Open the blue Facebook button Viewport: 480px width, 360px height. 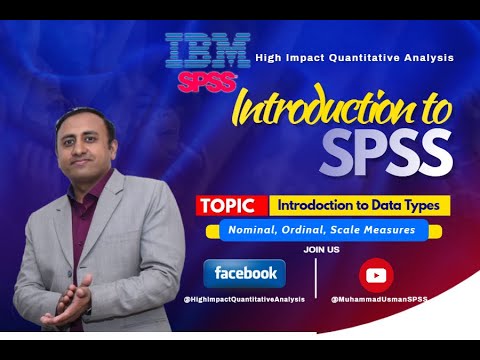(245, 273)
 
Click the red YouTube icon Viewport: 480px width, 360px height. (377, 274)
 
